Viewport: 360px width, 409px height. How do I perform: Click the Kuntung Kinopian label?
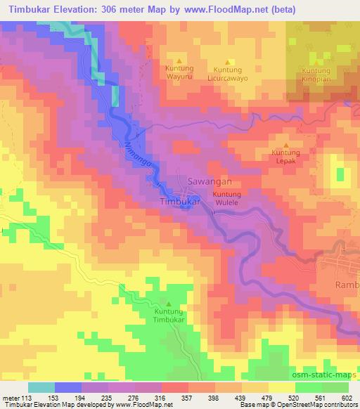pyautogui.click(x=316, y=75)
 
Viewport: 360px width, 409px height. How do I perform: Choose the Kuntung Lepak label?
pyautogui.click(x=286, y=156)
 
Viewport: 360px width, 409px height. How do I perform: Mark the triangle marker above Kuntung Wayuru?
pyautogui.click(x=179, y=60)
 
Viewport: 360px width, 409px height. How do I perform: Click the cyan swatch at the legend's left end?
pyautogui.click(x=41, y=387)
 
